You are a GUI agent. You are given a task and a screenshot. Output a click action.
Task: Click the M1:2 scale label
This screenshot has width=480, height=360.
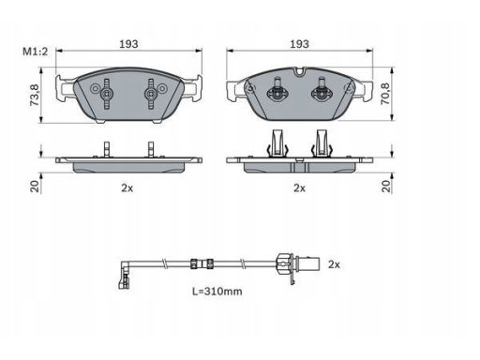36,52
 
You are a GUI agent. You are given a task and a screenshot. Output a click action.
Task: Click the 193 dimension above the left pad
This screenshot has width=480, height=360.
128,44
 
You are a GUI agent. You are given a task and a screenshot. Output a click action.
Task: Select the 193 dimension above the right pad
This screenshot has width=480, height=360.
299,44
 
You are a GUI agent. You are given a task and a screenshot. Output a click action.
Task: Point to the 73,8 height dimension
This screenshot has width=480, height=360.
35,95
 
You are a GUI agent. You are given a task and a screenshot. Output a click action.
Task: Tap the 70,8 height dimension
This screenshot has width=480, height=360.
385,94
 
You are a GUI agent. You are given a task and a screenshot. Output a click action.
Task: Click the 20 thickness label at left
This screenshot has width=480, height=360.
35,187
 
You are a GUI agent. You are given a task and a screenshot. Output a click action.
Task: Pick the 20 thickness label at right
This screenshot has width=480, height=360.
386,187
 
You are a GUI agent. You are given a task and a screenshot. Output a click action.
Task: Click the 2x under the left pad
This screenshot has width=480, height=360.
127,188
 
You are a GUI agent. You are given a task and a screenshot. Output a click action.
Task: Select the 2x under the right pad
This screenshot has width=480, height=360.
299,188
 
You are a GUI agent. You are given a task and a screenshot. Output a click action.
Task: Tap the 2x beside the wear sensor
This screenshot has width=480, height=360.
334,264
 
